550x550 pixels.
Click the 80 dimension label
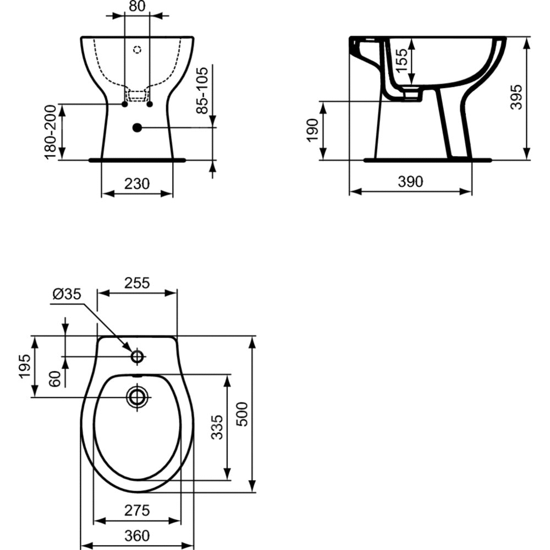point(137,6)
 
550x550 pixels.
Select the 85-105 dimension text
point(202,90)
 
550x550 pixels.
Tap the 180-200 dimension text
point(51,132)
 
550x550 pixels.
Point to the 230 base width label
point(137,184)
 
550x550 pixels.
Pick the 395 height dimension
point(516,97)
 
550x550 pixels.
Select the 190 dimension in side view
point(312,130)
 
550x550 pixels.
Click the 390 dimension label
point(411,182)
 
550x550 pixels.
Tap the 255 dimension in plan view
point(137,283)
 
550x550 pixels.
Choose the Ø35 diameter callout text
point(67,294)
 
